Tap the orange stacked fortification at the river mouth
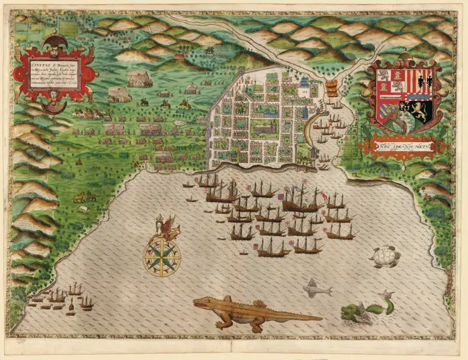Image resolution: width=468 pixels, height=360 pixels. pyautogui.click(x=331, y=89)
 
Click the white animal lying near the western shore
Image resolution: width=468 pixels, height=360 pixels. pyautogui.click(x=83, y=208)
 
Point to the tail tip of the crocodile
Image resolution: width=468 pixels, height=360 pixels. pyautogui.click(x=321, y=318)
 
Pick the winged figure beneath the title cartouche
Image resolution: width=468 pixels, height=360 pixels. pyautogui.click(x=56, y=104)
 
